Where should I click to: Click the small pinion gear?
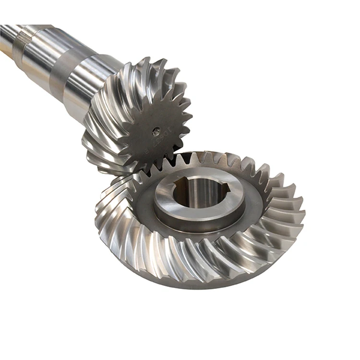(x=139, y=120)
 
